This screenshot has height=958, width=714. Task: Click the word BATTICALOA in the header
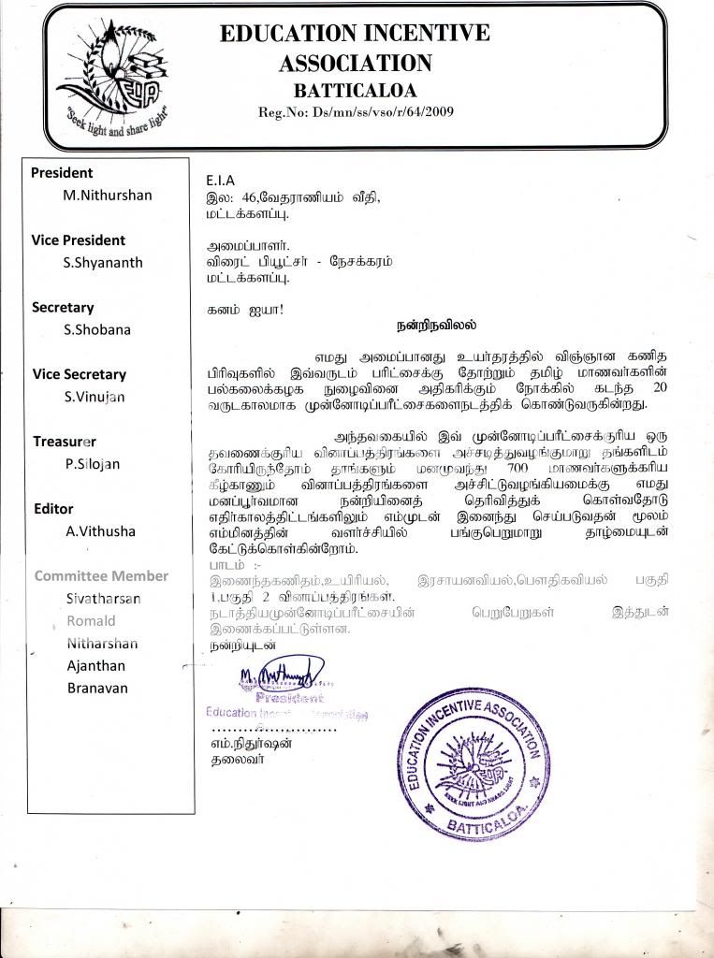pyautogui.click(x=355, y=92)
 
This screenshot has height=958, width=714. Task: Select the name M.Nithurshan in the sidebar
pyautogui.click(x=107, y=196)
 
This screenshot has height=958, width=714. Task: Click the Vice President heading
pyautogui.click(x=80, y=239)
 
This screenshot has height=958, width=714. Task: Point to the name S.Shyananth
pyautogui.click(x=103, y=263)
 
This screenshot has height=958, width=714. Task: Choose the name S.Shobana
pyautogui.click(x=97, y=329)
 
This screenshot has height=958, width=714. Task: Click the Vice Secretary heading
pyautogui.click(x=79, y=374)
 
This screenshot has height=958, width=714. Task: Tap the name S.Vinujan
pyautogui.click(x=95, y=397)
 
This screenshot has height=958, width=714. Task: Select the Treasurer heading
pyautogui.click(x=65, y=442)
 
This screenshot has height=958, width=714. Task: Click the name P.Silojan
pyautogui.click(x=93, y=464)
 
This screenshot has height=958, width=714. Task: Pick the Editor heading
pyautogui.click(x=53, y=509)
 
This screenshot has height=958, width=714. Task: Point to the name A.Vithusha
pyautogui.click(x=100, y=531)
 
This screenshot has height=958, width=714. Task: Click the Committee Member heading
pyautogui.click(x=101, y=576)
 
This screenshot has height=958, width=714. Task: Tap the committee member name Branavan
pyautogui.click(x=97, y=689)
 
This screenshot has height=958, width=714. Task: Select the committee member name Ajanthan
pyautogui.click(x=97, y=666)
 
